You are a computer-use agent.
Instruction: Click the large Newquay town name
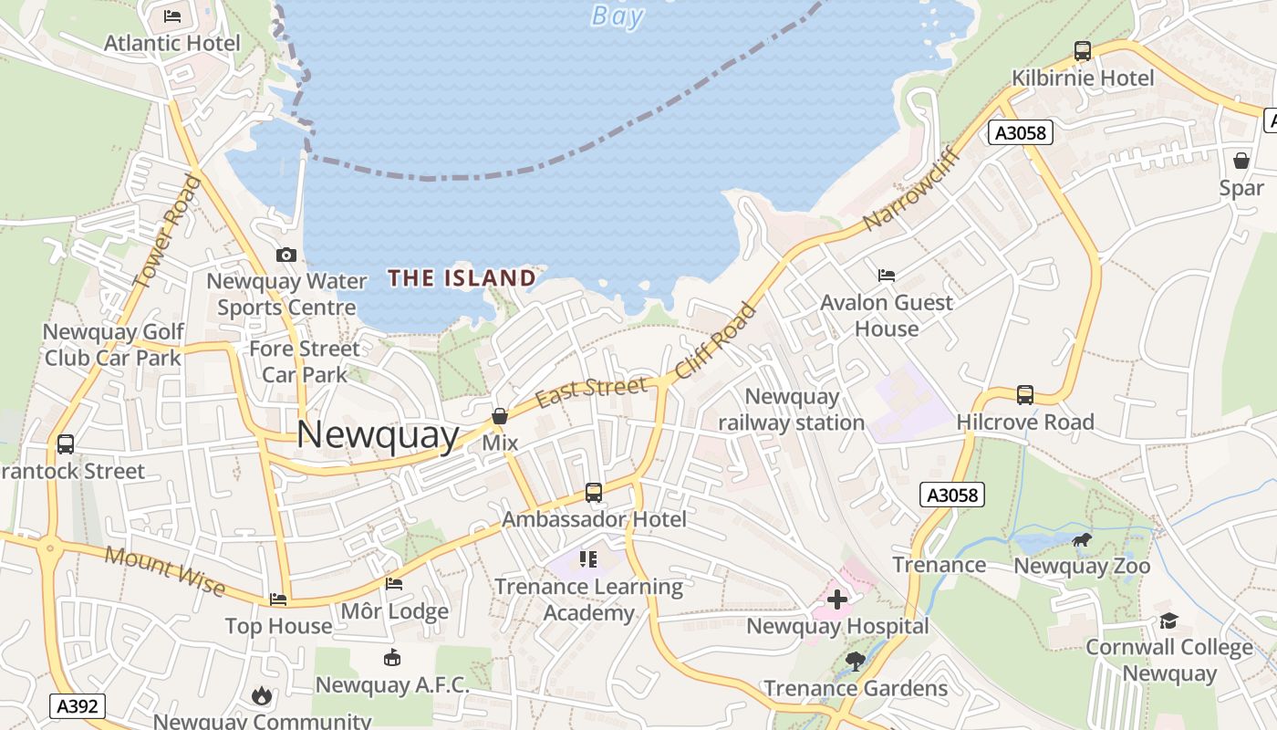pos(378,435)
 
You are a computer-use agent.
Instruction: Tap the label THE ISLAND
pos(462,277)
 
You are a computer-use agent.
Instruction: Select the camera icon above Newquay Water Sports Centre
pos(286,255)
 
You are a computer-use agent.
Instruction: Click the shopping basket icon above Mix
pos(500,416)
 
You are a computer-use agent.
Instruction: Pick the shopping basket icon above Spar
pos(1241,161)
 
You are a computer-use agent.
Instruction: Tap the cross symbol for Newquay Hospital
pos(836,600)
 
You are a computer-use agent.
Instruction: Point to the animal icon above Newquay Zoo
pos(1082,540)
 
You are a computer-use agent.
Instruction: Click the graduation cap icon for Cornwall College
pos(1168,621)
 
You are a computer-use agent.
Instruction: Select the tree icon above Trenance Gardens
pos(855,662)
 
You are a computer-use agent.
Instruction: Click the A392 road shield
pos(78,705)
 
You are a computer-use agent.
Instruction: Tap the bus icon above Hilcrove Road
pos(1025,395)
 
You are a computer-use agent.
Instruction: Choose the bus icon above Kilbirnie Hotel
pos(1083,51)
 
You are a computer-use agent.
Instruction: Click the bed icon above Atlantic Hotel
pos(171,16)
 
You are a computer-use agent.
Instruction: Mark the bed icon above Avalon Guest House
pos(886,275)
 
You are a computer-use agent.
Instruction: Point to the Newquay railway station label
pos(792,410)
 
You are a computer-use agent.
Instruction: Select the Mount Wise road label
pos(165,570)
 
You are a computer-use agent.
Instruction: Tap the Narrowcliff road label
pos(913,187)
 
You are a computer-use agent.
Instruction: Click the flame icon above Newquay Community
pos(262,695)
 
